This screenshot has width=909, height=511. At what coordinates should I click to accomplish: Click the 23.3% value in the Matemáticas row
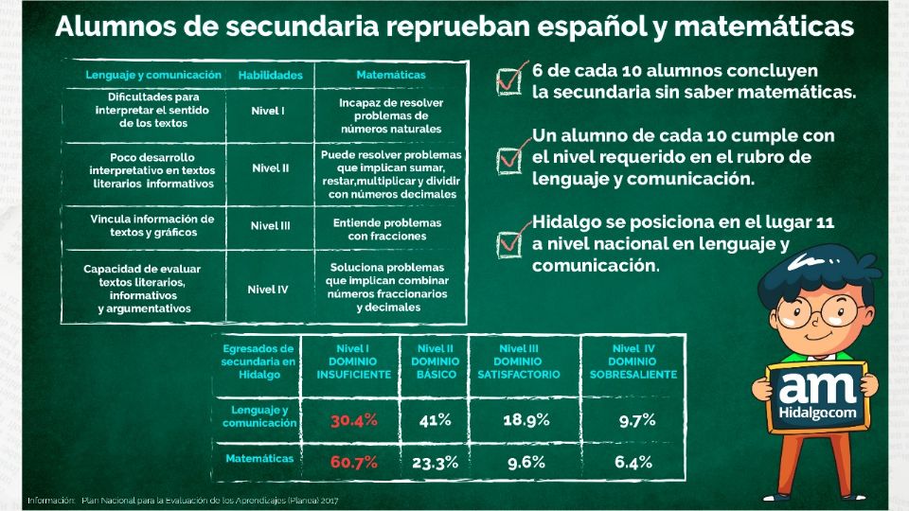click(x=436, y=463)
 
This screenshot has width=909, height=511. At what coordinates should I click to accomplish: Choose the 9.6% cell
click(x=527, y=463)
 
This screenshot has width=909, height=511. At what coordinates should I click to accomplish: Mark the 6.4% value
click(x=633, y=463)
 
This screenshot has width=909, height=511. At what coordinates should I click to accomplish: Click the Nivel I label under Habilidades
click(x=268, y=111)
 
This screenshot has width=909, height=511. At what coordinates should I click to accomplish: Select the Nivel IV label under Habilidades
click(x=268, y=290)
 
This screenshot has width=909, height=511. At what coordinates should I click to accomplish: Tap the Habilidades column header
click(x=270, y=74)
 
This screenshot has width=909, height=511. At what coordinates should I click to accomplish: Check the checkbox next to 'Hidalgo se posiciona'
click(x=510, y=242)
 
